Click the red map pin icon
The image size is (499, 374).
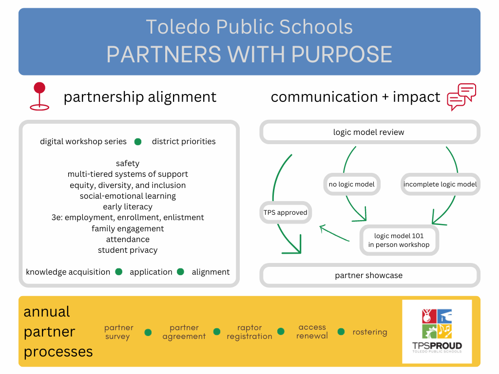39,96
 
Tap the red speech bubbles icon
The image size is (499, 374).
461,96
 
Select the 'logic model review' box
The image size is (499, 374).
369,132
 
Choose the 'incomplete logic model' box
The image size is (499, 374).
440,184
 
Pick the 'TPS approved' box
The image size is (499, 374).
286,212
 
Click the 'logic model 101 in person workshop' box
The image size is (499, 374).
399,240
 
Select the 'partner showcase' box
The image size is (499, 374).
369,275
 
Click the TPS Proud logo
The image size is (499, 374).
437,331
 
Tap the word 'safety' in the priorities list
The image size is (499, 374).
128,164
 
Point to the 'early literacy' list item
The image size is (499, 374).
128,206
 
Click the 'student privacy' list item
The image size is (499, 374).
128,250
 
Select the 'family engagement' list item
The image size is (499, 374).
128,228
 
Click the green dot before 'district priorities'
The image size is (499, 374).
138,142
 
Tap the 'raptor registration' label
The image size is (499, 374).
249,332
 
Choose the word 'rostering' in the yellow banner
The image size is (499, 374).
370,332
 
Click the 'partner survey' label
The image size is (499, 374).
119,332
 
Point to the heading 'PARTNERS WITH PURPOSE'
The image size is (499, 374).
249,55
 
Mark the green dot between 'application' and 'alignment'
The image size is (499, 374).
181,272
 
